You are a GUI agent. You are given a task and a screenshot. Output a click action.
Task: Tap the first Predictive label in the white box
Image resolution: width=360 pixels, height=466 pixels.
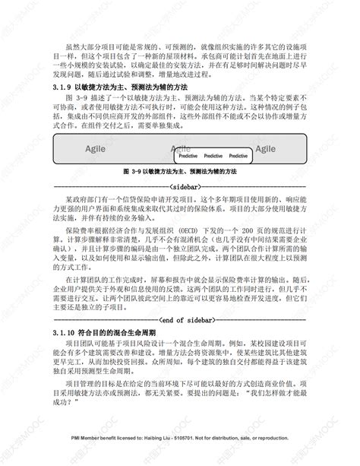tap(188, 154)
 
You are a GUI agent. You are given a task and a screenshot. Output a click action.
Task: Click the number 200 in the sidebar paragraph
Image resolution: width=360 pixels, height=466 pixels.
tap(264, 230)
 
